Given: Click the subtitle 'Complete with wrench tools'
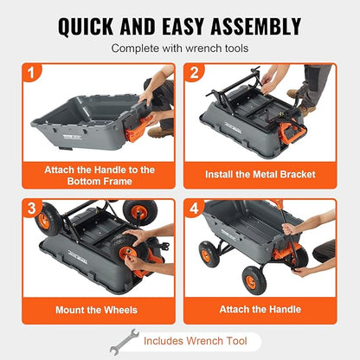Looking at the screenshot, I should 179,48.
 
